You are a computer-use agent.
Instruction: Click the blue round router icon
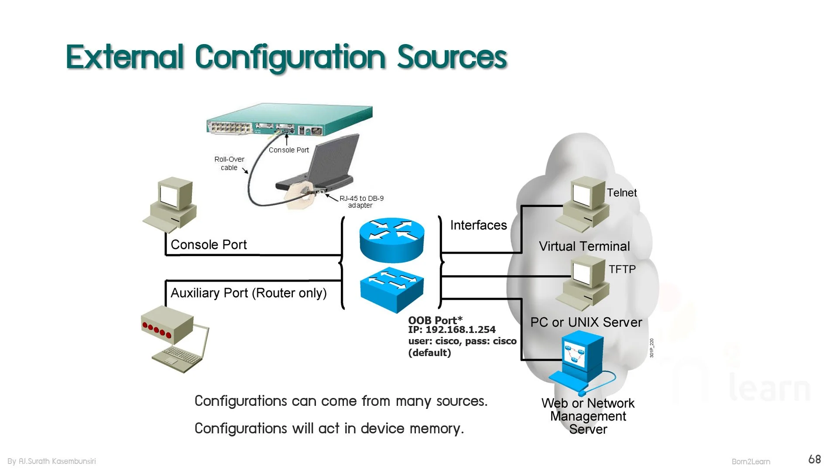(x=392, y=240)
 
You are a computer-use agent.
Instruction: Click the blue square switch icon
(x=392, y=290)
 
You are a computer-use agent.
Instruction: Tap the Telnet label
(x=621, y=192)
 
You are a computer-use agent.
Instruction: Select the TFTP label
(x=622, y=269)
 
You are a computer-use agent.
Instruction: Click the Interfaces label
(x=478, y=225)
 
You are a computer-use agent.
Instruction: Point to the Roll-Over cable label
(x=229, y=163)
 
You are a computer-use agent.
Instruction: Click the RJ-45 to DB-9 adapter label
(x=361, y=202)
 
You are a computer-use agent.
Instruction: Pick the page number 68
(x=814, y=459)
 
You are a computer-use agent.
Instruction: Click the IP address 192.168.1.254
(x=460, y=329)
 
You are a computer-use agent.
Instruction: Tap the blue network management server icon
(x=582, y=362)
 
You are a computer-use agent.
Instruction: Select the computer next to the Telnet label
(x=582, y=204)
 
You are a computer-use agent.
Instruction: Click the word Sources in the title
(x=452, y=57)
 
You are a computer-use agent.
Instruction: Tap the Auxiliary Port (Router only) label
(x=248, y=293)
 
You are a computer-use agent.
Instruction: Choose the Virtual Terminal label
(x=584, y=246)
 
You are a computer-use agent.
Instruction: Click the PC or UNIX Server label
(x=586, y=322)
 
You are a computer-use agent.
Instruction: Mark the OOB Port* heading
(x=435, y=320)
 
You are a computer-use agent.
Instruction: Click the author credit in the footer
(x=51, y=461)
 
